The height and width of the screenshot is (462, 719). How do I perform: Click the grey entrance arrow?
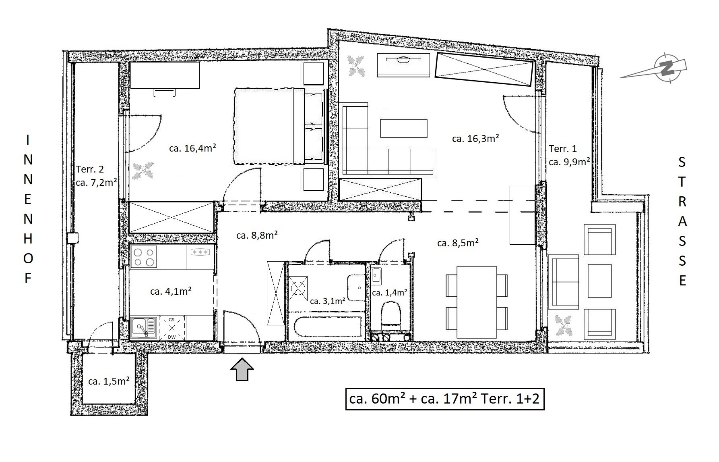click(x=242, y=369)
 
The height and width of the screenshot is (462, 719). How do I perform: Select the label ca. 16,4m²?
click(x=193, y=148)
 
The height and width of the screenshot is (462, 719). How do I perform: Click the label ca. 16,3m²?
click(x=475, y=139)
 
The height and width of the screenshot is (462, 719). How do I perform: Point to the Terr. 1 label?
click(x=563, y=149)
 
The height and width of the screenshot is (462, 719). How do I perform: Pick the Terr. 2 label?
click(x=90, y=169)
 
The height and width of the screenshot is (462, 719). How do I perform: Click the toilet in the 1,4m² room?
click(x=390, y=315)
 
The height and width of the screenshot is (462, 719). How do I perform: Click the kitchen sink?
click(x=144, y=328)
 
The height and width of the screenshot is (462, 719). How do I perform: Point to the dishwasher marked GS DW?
click(x=171, y=328)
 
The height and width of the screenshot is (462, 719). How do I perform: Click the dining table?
click(x=477, y=302)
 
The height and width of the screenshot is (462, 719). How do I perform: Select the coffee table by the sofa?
click(x=404, y=128)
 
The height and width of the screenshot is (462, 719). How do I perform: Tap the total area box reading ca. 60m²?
click(x=445, y=399)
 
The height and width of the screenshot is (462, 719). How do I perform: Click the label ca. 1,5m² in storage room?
click(x=109, y=381)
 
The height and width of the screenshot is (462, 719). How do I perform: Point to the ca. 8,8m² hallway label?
click(x=257, y=235)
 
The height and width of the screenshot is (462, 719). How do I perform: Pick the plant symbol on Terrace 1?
click(x=564, y=325)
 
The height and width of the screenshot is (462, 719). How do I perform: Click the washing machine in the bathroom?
click(x=298, y=289)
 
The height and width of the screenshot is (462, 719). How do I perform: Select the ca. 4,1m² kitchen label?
click(x=171, y=291)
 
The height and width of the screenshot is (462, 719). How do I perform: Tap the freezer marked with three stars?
click(x=200, y=253)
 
